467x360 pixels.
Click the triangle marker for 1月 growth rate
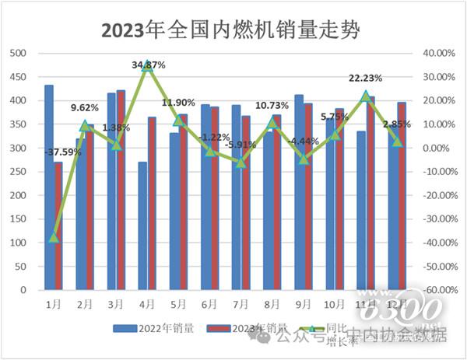(x=54, y=236)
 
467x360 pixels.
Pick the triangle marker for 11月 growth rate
(x=365, y=96)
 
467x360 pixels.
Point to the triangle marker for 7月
(x=241, y=162)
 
